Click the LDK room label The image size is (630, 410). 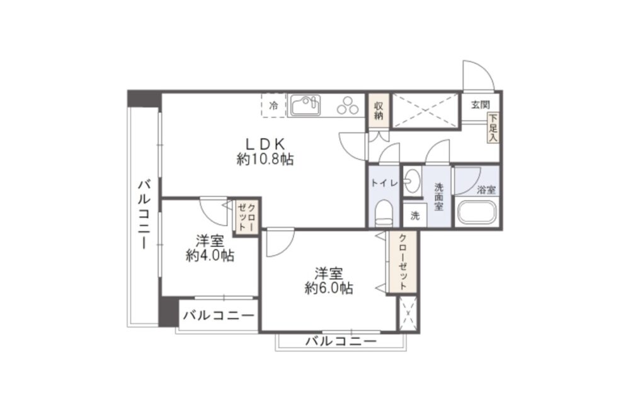tap(265, 143)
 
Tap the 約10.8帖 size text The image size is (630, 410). tap(265, 159)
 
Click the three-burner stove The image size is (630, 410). tap(348, 105)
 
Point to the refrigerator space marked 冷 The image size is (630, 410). tap(273, 105)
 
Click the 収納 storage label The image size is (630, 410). tap(379, 111)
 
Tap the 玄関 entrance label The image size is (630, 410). tap(480, 105)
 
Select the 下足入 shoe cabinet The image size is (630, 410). tap(493, 127)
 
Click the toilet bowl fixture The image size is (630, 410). tap(384, 213)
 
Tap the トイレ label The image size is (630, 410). tap(384, 183)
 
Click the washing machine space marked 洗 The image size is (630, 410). tap(415, 216)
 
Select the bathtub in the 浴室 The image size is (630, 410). tap(476, 211)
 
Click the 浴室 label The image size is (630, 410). tap(486, 190)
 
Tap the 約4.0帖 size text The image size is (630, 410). tap(210, 255)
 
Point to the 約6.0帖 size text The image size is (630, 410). tap(329, 287)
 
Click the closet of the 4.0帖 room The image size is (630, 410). tap(246, 217)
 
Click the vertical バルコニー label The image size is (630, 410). tap(144, 215)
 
